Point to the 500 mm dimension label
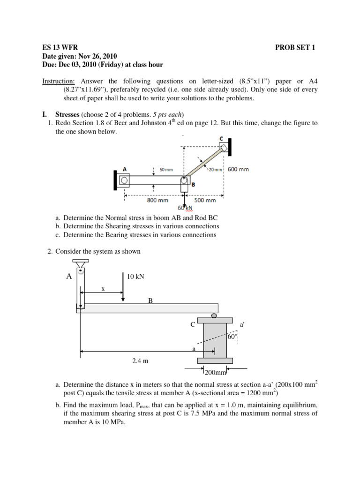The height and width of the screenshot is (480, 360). pos(205,200)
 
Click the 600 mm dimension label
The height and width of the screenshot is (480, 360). pos(239,170)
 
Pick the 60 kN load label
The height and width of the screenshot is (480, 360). pos(186,208)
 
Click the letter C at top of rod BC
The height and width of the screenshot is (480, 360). pos(220,139)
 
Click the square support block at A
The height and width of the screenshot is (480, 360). pos(125,180)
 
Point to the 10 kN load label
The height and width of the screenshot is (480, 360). pos(136,277)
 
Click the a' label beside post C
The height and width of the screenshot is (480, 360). pos(242,324)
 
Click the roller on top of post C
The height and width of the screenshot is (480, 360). pos(214,315)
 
